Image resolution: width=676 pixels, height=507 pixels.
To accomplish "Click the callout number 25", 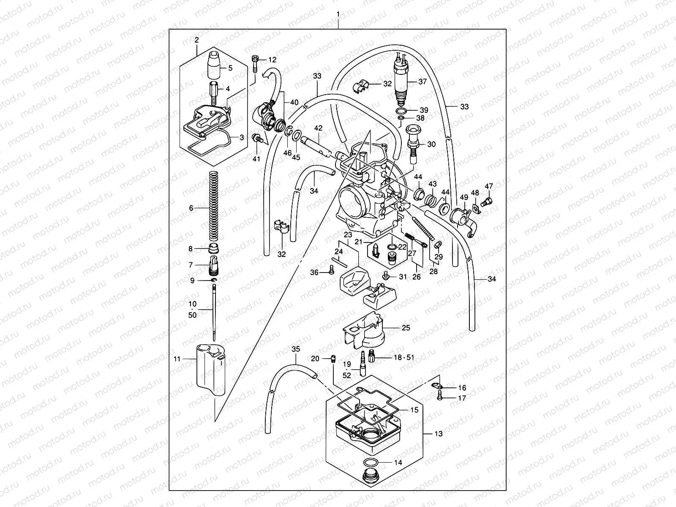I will coord(406,327).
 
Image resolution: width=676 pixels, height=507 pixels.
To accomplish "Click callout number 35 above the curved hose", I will coord(296,349).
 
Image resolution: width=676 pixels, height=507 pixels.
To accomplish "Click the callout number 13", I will coord(439,434).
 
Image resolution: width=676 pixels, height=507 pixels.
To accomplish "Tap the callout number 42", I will coord(318,128).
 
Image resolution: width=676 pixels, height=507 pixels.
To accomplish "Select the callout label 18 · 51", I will coord(404,357).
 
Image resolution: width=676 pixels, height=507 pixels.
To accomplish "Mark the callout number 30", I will coord(431,144).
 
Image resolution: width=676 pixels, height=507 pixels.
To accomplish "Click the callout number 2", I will coord(196,40).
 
